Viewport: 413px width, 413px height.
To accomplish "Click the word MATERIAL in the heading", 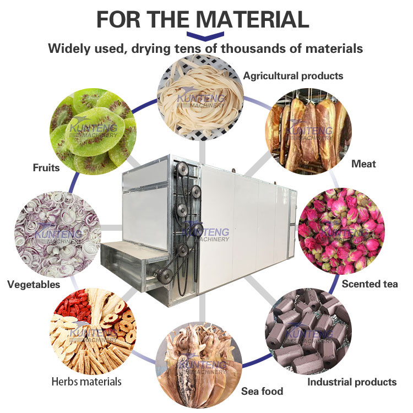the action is pos(252,19).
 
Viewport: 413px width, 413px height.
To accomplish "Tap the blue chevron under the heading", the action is pos(205,36).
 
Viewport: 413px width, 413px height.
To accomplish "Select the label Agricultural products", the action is pos(293,76).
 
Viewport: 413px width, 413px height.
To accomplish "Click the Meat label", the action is pos(363,164).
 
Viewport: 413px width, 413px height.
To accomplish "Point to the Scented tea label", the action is pos(369,284).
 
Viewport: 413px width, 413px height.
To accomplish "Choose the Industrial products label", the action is pos(352,382).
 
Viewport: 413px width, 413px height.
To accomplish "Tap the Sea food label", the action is pos(262,391).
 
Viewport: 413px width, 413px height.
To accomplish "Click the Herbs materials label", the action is pos(86,382).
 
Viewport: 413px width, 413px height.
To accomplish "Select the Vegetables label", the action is pos(34,285).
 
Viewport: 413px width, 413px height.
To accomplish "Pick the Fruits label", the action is pos(46,168).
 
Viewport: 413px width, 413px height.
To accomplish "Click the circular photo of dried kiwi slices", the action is pos(93,132).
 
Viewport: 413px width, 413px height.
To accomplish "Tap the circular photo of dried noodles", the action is pos(200,97).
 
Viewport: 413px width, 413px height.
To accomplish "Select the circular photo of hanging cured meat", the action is pos(308,131).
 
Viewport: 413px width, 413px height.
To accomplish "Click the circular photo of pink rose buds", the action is pos(341,231).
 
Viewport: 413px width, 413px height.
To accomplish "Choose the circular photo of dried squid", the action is pos(199,365).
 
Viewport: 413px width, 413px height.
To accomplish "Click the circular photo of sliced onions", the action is pos(58,235).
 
